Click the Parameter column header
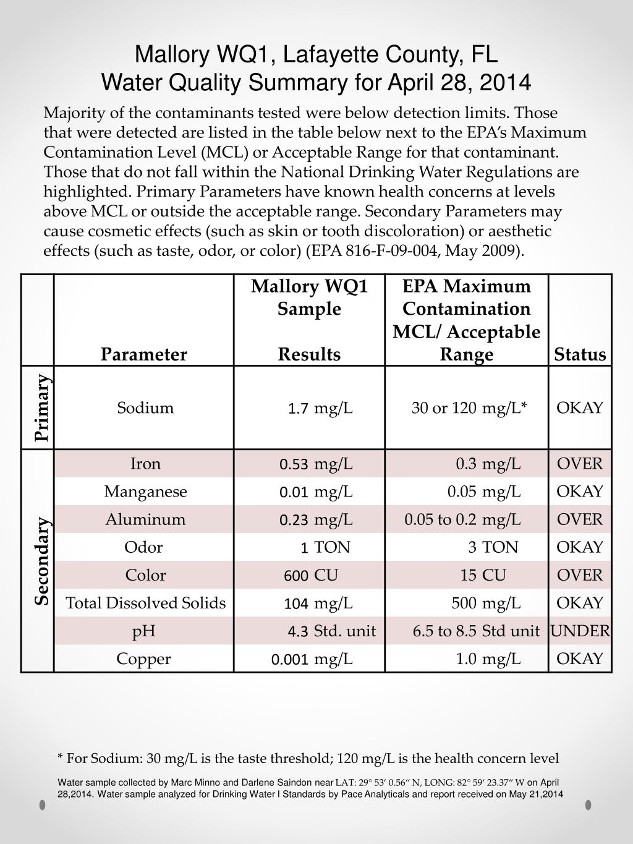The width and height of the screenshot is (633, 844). [x=143, y=354]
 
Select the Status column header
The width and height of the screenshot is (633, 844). [x=580, y=354]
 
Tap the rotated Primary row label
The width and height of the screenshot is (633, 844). [x=41, y=407]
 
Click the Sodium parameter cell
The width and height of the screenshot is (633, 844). [x=145, y=408]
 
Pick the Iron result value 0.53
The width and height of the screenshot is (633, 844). [x=294, y=464]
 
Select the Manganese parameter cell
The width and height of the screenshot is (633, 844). [x=145, y=492]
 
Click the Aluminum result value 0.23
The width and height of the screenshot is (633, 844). [x=294, y=520]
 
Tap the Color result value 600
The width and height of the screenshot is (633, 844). [x=296, y=576]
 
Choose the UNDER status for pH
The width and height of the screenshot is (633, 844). [x=580, y=631]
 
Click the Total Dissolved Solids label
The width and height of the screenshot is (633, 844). [x=146, y=603]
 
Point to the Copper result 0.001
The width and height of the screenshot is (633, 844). [x=290, y=659]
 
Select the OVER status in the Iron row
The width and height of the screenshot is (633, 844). [x=580, y=464]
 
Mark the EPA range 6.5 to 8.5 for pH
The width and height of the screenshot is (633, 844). [x=444, y=631]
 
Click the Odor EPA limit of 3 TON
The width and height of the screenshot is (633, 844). [x=493, y=547]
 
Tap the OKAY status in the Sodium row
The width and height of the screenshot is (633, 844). [x=580, y=408]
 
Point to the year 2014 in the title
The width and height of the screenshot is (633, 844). [x=508, y=82]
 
